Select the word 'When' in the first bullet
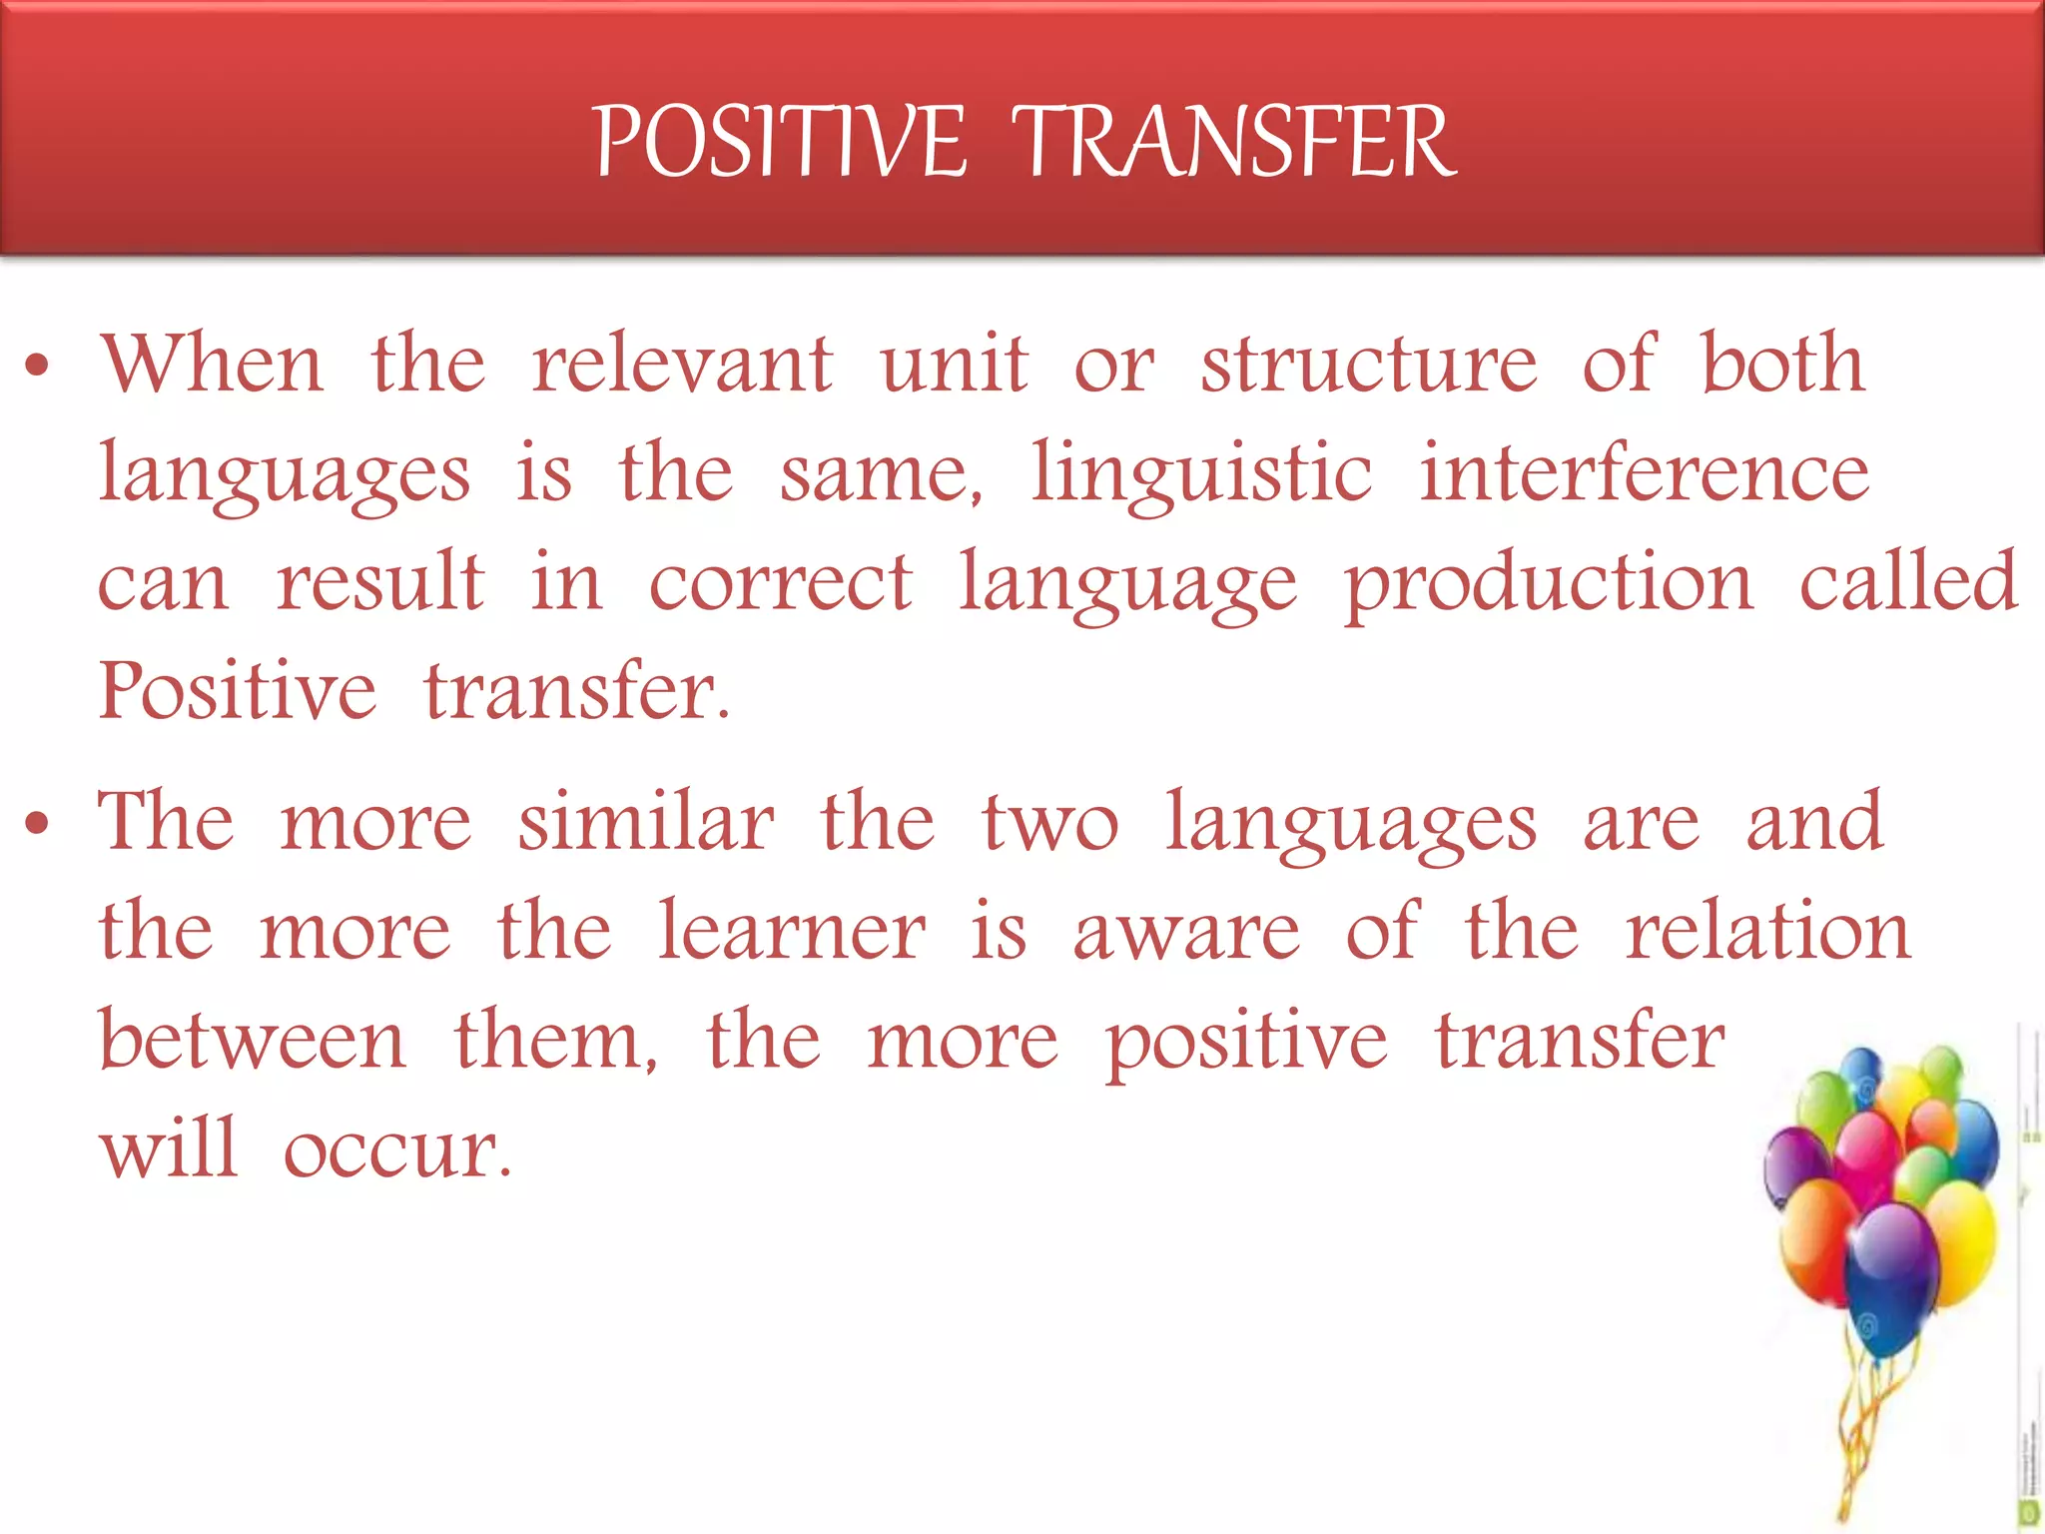pyautogui.click(x=212, y=364)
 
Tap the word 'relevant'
pyautogui.click(x=681, y=364)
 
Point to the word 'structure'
pyautogui.click(x=1369, y=364)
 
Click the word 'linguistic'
pyautogui.click(x=1201, y=473)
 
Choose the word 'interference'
pyautogui.click(x=1645, y=473)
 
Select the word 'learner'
pyautogui.click(x=792, y=931)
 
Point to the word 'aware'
pyautogui.click(x=1187, y=933)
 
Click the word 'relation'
pyautogui.click(x=1768, y=931)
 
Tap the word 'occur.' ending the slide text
pyautogui.click(x=397, y=1150)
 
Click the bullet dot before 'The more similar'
pyautogui.click(x=38, y=825)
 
